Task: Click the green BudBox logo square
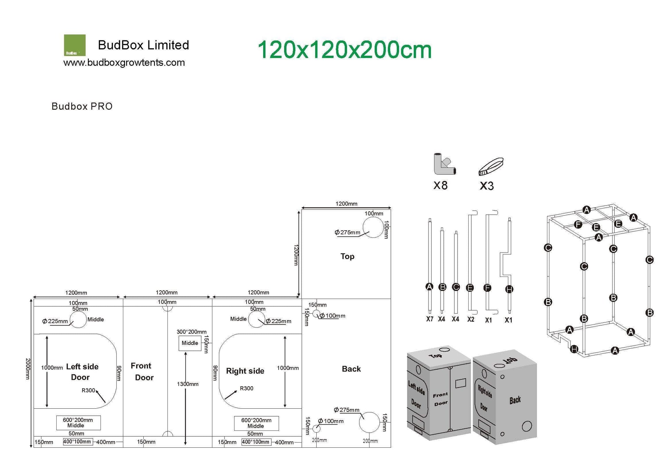tap(75, 45)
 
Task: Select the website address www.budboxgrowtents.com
tap(124, 63)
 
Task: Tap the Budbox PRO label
tap(82, 106)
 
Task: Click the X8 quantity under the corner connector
tap(440, 186)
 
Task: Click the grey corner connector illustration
tap(444, 164)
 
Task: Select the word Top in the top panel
tap(347, 256)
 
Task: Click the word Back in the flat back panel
tap(351, 369)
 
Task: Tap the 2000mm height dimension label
tap(28, 369)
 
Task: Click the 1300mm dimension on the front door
tap(188, 384)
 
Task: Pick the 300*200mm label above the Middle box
tap(191, 332)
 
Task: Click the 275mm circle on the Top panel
tap(373, 227)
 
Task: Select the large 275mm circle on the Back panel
tap(369, 422)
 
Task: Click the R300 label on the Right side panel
tap(246, 388)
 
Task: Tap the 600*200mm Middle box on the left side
tap(78, 423)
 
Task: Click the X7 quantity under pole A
tap(430, 319)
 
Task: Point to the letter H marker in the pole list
tap(509, 289)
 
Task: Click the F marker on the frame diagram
tap(578, 225)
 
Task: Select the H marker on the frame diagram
tap(574, 349)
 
